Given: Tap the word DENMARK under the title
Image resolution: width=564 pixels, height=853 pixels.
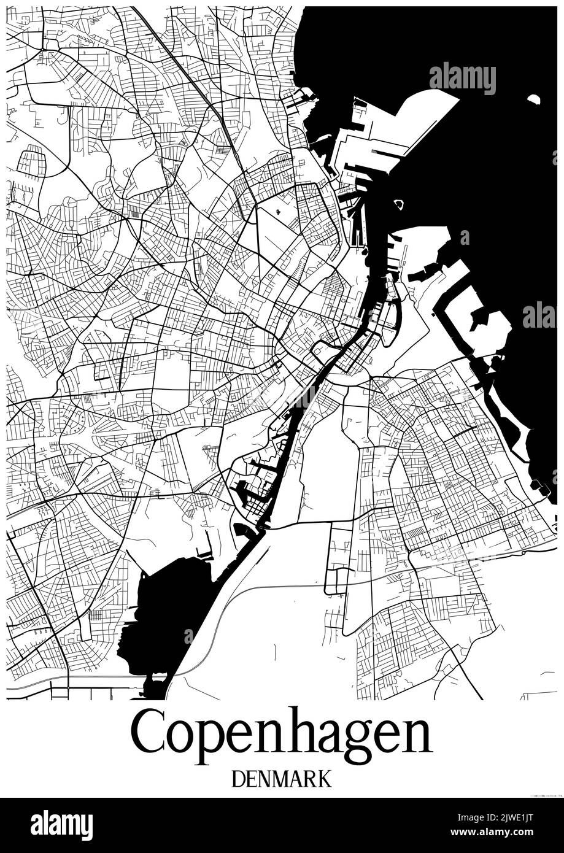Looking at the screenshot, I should click(282, 779).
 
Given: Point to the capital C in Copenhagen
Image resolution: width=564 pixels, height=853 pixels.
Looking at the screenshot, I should click(147, 733).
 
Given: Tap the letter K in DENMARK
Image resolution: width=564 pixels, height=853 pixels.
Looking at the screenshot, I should click(324, 779).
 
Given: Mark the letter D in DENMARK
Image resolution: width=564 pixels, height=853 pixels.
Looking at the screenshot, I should click(239, 779).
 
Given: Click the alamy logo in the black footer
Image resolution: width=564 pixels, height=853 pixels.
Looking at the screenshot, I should click(61, 825).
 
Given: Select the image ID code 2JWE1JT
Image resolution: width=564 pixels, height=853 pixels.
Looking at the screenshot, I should click(518, 818).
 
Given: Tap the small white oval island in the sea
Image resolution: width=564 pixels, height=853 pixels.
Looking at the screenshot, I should click(533, 99).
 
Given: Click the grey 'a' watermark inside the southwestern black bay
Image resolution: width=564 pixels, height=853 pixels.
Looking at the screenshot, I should click(188, 636).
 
